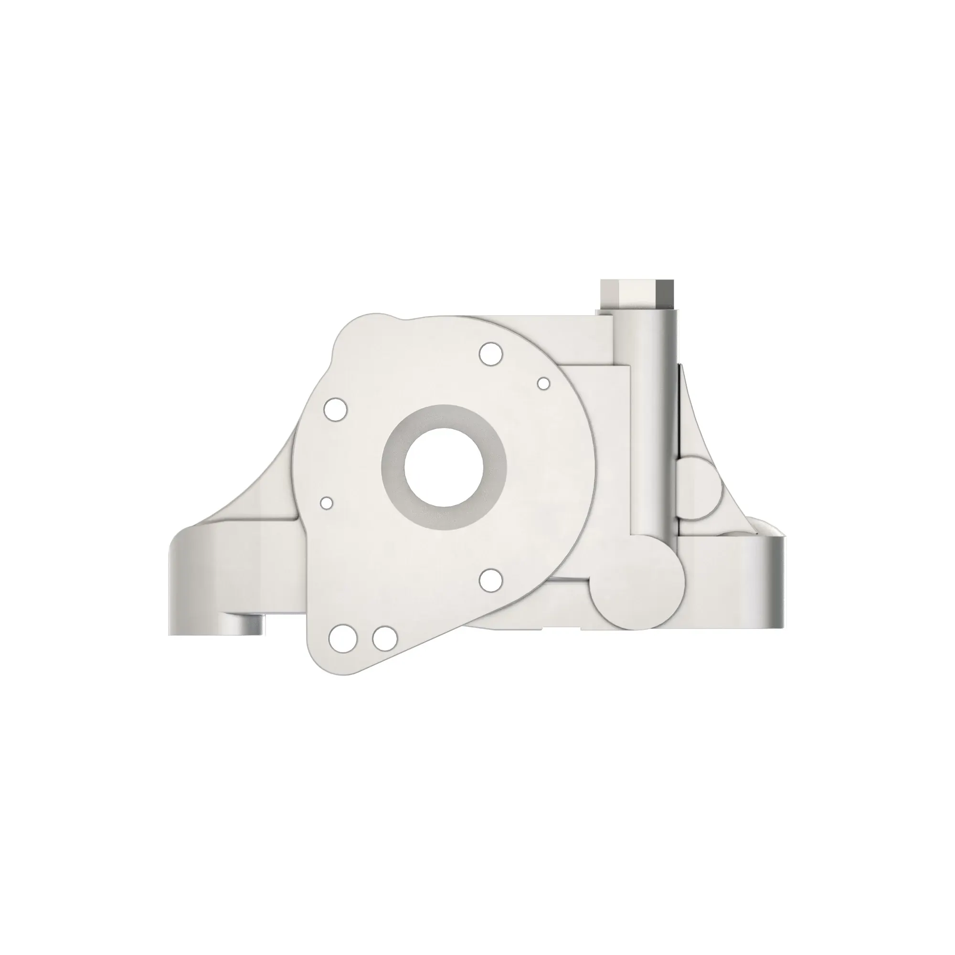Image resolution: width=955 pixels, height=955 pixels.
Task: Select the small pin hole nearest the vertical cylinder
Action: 544,383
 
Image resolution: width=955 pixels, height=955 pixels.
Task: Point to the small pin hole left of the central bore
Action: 326,503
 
